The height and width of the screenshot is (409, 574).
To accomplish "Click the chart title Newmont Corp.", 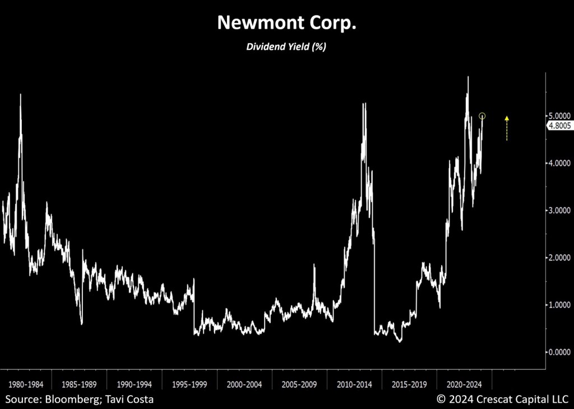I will [x=286, y=22].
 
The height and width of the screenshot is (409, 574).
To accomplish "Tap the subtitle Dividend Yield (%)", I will [x=286, y=47].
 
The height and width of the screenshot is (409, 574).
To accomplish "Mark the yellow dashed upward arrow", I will [x=507, y=128].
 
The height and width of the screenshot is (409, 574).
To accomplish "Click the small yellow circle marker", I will [x=482, y=116].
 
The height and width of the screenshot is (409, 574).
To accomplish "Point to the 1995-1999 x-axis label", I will [x=190, y=385].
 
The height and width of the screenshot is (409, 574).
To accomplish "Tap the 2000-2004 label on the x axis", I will [x=245, y=385].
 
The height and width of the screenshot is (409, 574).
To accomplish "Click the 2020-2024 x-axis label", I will [x=464, y=385].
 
